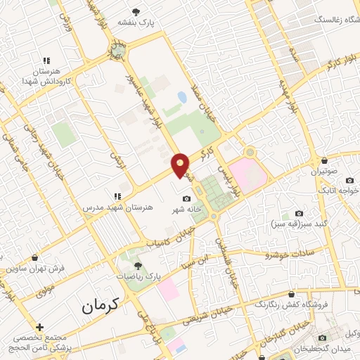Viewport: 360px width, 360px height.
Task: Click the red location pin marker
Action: tap(181, 165)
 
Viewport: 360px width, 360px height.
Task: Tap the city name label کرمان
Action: tap(101, 304)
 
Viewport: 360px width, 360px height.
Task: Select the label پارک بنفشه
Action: tap(155, 23)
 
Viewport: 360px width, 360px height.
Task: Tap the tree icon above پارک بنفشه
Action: tap(155, 11)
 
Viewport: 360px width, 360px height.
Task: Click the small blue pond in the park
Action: tap(183, 97)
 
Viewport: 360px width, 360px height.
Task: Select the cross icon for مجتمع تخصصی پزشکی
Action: tap(39, 327)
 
